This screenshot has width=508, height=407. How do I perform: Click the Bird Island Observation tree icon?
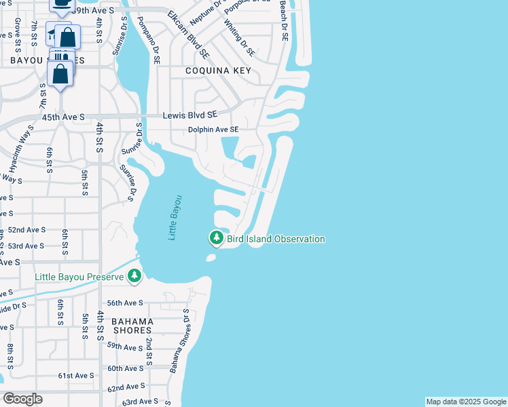(217, 238)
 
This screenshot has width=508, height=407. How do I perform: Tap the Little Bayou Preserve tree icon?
(135, 275)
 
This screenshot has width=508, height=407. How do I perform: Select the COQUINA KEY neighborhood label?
(219, 71)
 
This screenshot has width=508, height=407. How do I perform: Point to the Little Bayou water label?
(175, 217)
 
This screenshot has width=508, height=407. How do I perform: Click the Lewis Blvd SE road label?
(189, 116)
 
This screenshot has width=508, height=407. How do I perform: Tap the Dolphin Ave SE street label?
(213, 130)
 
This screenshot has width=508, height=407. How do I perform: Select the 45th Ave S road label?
(62, 117)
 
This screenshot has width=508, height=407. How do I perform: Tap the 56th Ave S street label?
(124, 303)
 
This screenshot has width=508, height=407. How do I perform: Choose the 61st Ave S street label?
(75, 375)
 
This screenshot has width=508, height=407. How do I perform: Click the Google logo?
(22, 399)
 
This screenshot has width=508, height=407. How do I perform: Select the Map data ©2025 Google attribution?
(466, 402)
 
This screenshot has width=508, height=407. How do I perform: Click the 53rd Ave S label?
(26, 246)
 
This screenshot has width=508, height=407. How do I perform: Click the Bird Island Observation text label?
(276, 239)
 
